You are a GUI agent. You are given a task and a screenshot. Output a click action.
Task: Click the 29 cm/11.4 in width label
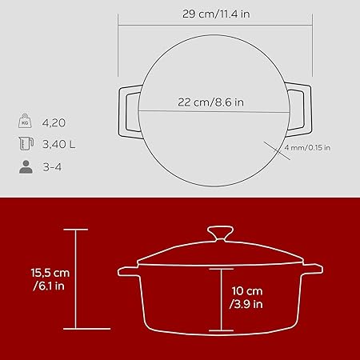point(216,14)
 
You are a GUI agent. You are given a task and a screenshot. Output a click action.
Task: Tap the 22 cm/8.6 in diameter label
point(210,102)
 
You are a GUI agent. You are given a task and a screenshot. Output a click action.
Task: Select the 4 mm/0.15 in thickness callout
point(307,147)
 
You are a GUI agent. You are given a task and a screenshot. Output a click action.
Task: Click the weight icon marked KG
point(25,121)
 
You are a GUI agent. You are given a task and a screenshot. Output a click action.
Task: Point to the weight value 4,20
point(54,123)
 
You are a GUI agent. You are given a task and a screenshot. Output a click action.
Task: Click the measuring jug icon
point(26,143)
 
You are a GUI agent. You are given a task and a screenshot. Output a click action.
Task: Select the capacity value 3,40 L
point(59,144)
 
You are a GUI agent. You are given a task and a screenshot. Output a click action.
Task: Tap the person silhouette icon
point(26,167)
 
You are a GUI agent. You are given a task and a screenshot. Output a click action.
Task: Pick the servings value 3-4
point(52,167)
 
